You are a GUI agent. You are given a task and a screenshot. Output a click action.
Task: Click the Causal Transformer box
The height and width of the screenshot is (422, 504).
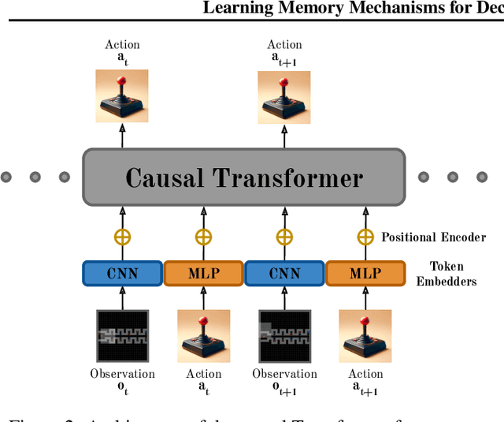pyautogui.click(x=243, y=177)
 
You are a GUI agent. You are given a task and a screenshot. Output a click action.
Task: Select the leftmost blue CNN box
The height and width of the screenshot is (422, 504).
pyautogui.click(x=122, y=274)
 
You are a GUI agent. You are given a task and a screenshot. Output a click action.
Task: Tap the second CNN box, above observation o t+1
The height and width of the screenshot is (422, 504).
pyautogui.click(x=284, y=274)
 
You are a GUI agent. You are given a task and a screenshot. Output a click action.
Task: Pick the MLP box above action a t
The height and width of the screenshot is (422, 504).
pyautogui.click(x=203, y=274)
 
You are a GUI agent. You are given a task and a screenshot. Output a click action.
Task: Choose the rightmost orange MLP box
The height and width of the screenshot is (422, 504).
pyautogui.click(x=365, y=274)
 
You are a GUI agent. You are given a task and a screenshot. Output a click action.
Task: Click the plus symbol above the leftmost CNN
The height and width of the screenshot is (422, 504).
pyautogui.click(x=122, y=236)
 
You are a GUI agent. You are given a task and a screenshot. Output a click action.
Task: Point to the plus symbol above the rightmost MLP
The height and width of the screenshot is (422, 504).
pyautogui.click(x=365, y=236)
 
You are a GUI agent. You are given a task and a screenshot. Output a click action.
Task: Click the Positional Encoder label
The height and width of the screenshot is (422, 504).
pyautogui.click(x=433, y=237)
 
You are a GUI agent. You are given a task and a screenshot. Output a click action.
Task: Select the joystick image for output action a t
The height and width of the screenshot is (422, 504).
pyautogui.click(x=122, y=97)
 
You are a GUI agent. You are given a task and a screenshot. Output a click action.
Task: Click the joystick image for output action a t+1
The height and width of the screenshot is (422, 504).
pyautogui.click(x=284, y=97)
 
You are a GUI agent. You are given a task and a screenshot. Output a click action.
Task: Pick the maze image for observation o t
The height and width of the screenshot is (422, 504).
pyautogui.click(x=122, y=336)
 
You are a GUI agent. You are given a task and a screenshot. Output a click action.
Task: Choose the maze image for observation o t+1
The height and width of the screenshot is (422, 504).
pyautogui.click(x=284, y=336)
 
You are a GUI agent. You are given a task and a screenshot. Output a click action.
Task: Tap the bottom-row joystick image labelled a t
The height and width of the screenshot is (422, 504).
pyautogui.click(x=203, y=336)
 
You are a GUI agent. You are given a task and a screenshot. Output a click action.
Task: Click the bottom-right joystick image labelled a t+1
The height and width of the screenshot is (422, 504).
pyautogui.click(x=365, y=336)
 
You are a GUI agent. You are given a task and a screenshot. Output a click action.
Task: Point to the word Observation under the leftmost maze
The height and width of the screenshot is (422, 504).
pyautogui.click(x=122, y=374)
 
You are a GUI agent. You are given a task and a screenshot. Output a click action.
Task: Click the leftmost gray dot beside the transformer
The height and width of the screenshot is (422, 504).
pyautogui.click(x=6, y=177)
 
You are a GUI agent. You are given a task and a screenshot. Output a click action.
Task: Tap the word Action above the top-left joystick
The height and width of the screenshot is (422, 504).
pyautogui.click(x=122, y=44)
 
